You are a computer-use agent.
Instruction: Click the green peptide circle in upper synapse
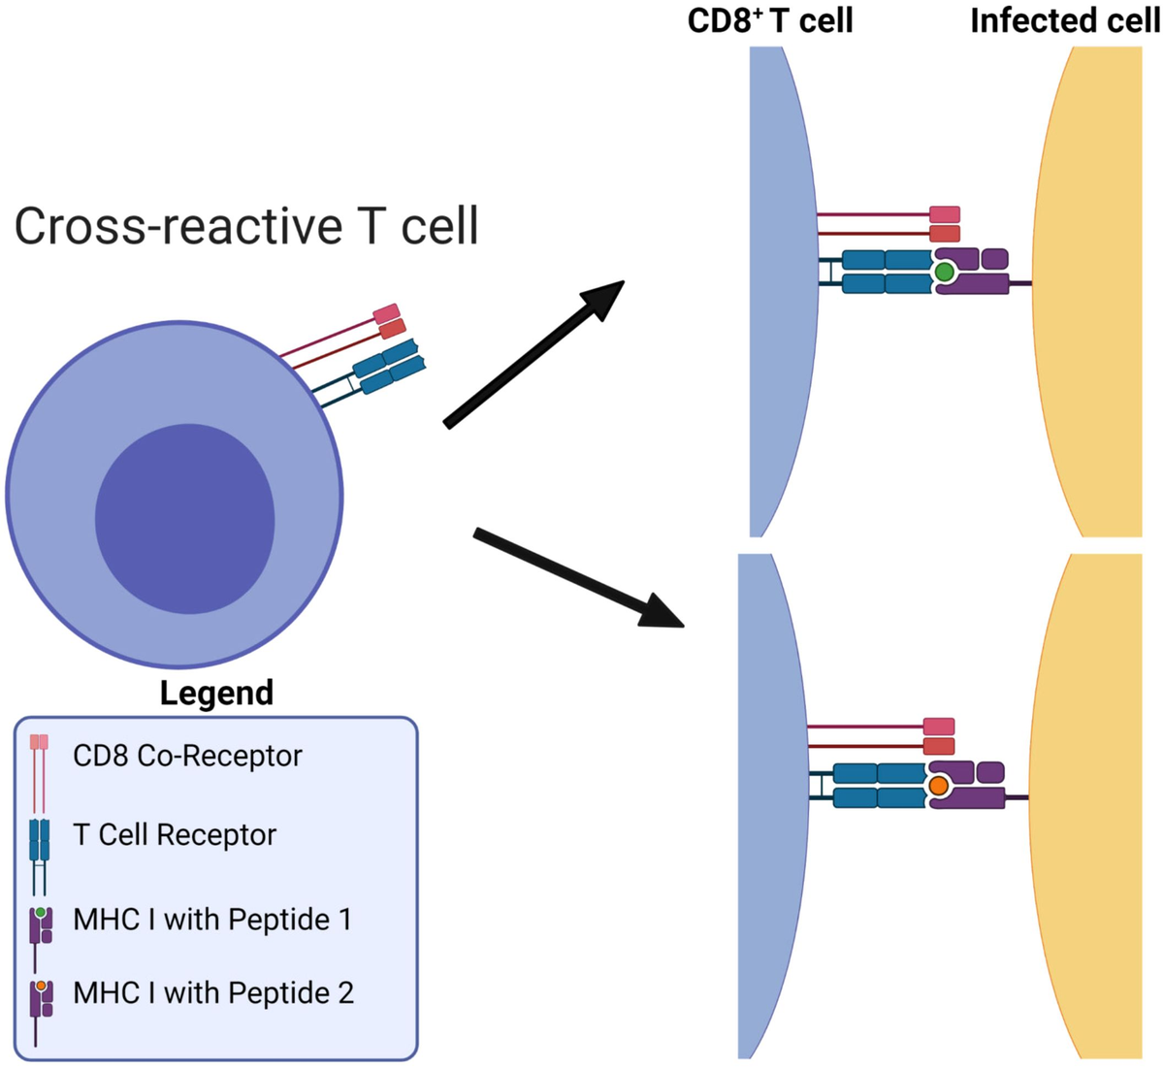944,274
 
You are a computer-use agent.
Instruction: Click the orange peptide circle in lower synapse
938,786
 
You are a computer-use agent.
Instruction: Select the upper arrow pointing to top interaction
534,353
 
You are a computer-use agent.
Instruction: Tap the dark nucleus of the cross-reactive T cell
184,520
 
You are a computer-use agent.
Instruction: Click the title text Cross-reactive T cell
246,226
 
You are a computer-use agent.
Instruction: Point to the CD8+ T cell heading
770,20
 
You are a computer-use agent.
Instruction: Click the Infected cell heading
1064,20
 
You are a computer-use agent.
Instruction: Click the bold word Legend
216,693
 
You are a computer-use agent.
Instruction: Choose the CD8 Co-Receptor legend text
187,756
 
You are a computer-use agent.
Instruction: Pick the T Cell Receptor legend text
175,834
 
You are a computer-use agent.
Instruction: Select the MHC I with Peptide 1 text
212,919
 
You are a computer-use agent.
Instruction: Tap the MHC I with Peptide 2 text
213,992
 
